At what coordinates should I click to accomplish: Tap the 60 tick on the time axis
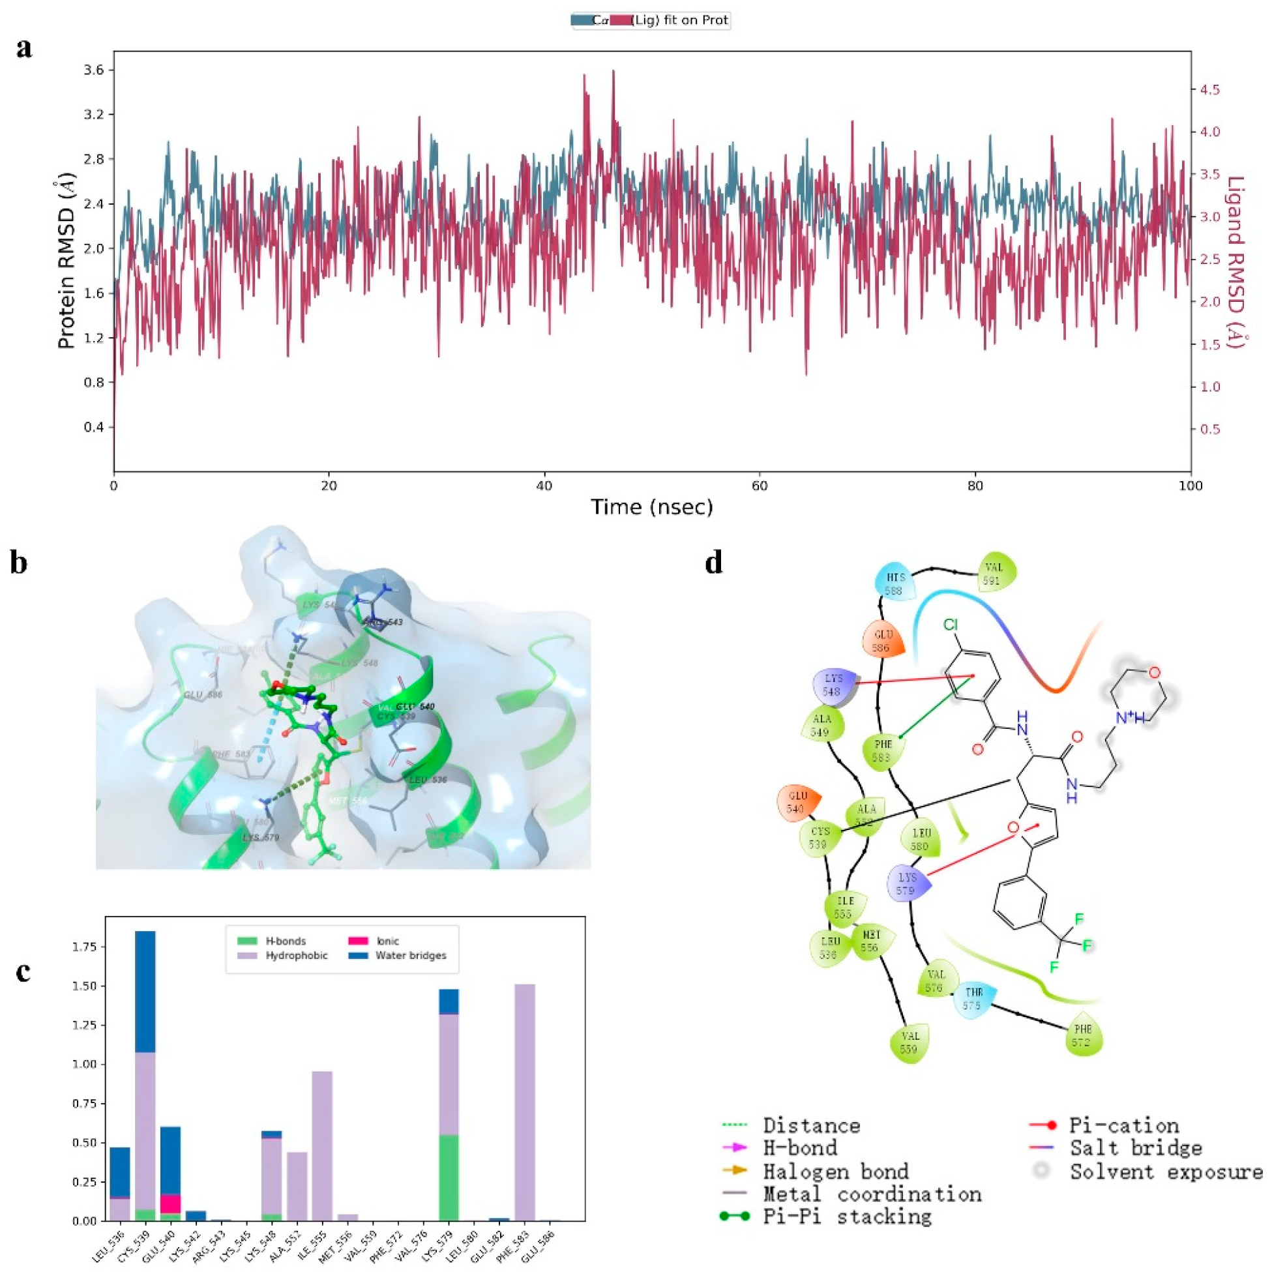click(760, 486)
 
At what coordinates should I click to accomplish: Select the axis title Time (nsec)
click(652, 507)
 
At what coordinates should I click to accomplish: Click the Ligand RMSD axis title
click(1235, 262)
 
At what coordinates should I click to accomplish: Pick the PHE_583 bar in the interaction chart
click(524, 1101)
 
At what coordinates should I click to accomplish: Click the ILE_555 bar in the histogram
click(321, 1146)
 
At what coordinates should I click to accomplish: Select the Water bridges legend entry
click(409, 955)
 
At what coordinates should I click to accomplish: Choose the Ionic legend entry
click(387, 941)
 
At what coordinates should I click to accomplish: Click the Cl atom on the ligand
click(950, 625)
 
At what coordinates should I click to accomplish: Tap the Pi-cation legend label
click(1123, 1126)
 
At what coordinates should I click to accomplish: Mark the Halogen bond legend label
click(836, 1172)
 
